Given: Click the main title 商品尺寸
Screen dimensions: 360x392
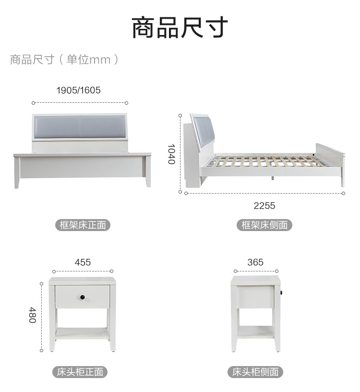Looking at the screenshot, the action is tap(180, 27).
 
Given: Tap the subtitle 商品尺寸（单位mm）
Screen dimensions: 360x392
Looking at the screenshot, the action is tap(64, 60).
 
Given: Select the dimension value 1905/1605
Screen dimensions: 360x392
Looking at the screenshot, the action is tap(78, 90).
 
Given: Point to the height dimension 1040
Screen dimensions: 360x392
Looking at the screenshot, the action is tap(171, 154).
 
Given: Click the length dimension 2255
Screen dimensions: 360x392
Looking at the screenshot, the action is tap(264, 206).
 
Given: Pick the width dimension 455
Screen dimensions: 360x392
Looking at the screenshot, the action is tap(83, 262).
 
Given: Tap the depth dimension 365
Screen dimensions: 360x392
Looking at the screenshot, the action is tap(255, 262).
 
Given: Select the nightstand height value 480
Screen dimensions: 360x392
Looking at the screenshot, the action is tap(33, 315).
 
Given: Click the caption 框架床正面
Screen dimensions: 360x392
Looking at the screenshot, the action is tap(83, 225).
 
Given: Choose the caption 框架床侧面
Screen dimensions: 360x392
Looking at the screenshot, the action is tap(264, 225).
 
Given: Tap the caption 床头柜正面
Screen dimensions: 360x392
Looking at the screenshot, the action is tap(80, 372).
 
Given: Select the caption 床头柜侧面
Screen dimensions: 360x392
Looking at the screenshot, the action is tap(255, 372).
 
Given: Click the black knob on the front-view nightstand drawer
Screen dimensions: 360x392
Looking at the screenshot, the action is tap(83, 297).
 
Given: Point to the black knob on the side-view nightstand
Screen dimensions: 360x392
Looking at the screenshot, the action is tap(282, 293).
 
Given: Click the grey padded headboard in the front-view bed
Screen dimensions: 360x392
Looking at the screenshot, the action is tap(79, 126).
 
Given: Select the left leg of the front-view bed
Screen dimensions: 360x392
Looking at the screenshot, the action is tap(17, 172).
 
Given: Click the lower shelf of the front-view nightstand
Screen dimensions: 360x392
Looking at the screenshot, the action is tap(82, 333).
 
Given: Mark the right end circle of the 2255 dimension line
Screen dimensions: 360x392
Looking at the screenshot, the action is tap(344, 193).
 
